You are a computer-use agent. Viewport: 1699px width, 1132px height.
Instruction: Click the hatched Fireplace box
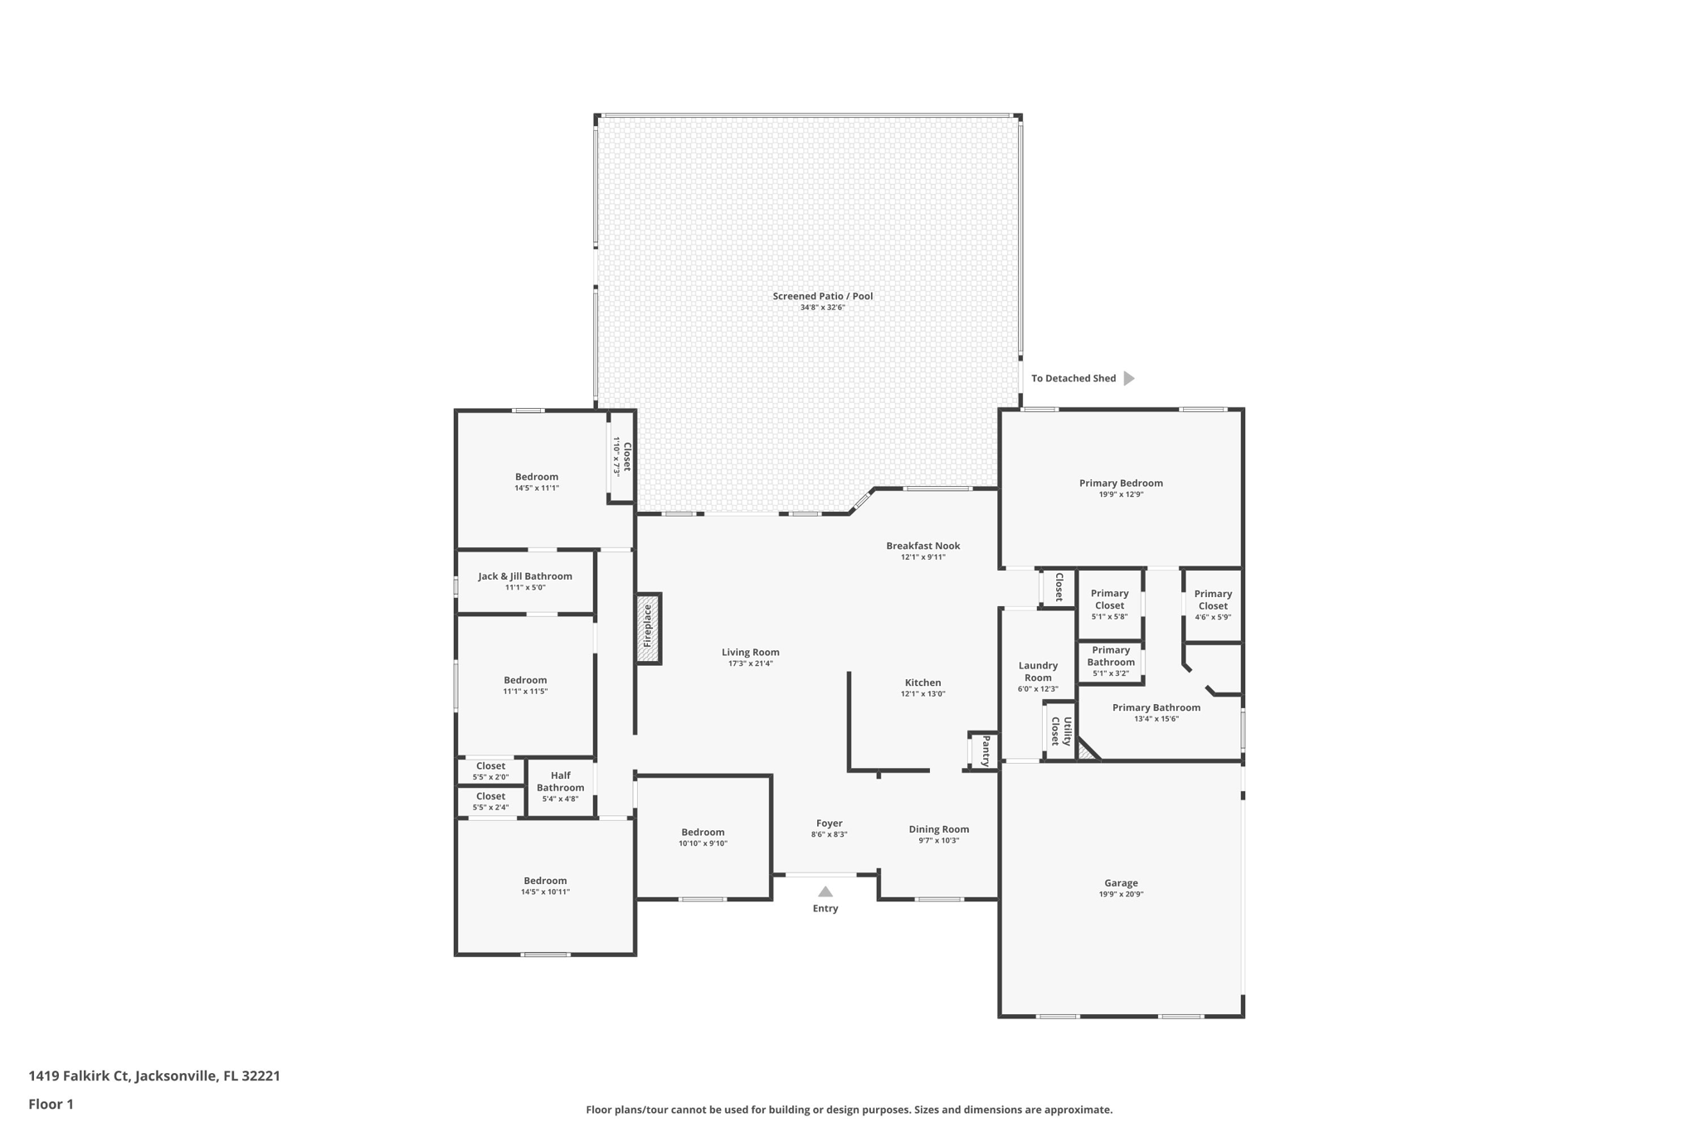point(648,628)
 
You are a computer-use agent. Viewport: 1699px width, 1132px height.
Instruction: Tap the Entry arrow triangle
point(825,892)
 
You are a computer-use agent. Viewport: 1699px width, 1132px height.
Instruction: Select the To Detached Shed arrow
point(1128,378)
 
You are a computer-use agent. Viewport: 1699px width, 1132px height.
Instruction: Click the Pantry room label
point(986,751)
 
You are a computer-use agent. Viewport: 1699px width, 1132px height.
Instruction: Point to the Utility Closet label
point(1061,731)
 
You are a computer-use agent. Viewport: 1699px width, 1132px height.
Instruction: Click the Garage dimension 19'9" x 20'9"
point(1121,895)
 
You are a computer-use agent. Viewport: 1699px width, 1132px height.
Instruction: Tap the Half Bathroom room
point(560,786)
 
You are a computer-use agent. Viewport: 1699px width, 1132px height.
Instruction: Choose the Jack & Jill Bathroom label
point(524,576)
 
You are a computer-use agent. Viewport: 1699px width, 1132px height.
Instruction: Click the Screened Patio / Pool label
point(822,296)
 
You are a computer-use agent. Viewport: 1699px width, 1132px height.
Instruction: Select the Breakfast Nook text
point(923,546)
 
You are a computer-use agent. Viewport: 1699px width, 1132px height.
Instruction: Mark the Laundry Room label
point(1038,672)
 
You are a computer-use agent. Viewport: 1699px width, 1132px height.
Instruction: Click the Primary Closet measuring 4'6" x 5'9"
point(1213,605)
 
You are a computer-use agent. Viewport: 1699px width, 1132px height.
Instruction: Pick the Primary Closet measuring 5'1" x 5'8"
point(1109,605)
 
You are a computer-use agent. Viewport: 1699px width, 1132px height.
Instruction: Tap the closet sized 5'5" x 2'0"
point(490,771)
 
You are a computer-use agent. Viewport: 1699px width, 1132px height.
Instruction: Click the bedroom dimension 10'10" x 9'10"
point(703,843)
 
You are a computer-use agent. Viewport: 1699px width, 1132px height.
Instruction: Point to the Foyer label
point(829,823)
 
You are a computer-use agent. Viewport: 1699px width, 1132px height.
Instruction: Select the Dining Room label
point(938,829)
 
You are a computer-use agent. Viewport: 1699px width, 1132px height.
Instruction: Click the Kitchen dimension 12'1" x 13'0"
point(923,694)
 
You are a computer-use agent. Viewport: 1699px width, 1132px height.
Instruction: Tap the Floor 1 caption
point(51,1104)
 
